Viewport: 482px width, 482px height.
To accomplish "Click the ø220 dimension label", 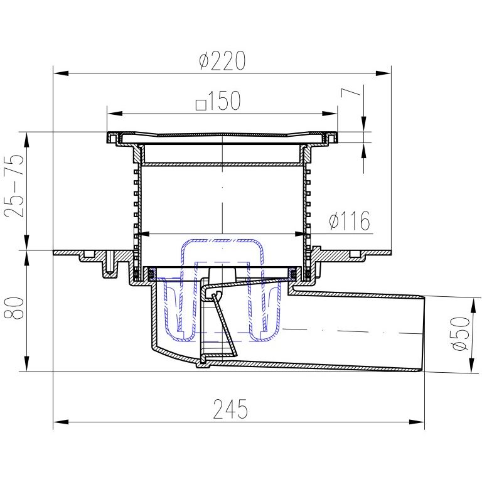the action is tap(222, 60).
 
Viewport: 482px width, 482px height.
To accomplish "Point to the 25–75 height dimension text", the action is tap(14, 186).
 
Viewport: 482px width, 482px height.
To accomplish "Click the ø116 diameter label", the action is tap(350, 220).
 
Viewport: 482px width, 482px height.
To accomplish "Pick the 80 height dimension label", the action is tap(14, 308).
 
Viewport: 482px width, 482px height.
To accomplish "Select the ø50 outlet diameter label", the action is tap(461, 333).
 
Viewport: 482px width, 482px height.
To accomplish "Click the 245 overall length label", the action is tap(230, 409).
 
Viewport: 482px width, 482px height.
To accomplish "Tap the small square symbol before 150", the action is tap(201, 105).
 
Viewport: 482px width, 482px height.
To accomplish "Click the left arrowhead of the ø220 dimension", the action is tap(61, 73).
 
